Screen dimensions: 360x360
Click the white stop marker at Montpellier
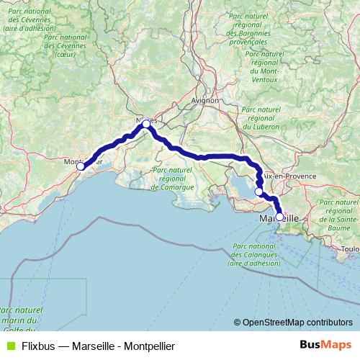click(81, 166)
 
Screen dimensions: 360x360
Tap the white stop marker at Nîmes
click(146, 124)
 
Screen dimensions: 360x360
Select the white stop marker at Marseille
click(279, 216)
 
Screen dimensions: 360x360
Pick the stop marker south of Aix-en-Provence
click(259, 192)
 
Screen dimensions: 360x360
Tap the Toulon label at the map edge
click(351, 248)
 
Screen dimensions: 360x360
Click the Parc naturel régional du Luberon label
click(261, 117)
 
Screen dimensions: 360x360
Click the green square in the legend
click(9, 346)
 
